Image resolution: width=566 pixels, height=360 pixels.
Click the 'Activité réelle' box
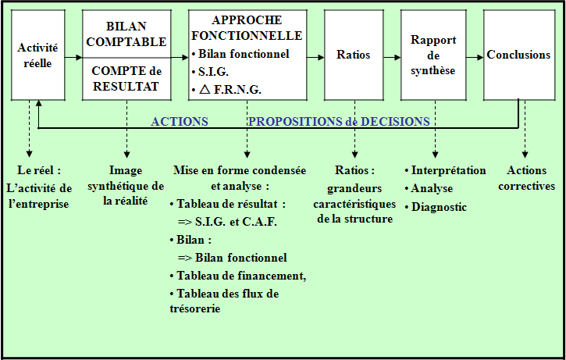[x=38, y=55]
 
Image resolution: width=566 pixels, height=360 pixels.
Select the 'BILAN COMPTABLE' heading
[x=126, y=34]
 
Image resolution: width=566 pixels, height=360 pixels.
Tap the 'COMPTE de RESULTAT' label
[x=126, y=79]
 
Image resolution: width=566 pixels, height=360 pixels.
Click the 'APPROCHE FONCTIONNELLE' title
[x=247, y=28]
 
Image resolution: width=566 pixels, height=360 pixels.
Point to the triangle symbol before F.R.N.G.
[x=205, y=89]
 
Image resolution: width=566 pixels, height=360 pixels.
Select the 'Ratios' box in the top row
[x=354, y=55]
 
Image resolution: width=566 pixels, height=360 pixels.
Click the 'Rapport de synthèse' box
[x=433, y=55]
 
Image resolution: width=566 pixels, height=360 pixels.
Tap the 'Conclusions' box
[x=519, y=55]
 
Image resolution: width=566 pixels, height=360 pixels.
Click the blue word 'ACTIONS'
[x=180, y=121]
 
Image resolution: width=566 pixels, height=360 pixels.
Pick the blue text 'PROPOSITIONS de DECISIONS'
[x=339, y=121]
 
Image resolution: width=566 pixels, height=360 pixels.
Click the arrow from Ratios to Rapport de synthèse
[x=392, y=57]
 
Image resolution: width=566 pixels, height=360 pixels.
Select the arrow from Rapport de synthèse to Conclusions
[x=475, y=57]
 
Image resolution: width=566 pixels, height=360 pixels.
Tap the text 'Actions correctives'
[x=527, y=178]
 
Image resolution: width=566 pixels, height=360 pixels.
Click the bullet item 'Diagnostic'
[x=436, y=207]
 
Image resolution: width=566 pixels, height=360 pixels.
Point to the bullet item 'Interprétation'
[x=445, y=170]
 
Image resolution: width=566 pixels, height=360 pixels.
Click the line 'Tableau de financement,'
[x=238, y=276]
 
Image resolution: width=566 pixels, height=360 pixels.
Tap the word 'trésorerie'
[x=195, y=308]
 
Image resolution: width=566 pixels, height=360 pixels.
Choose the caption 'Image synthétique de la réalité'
[x=126, y=186]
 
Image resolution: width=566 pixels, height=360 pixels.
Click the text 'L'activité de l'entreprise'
[x=39, y=196]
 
